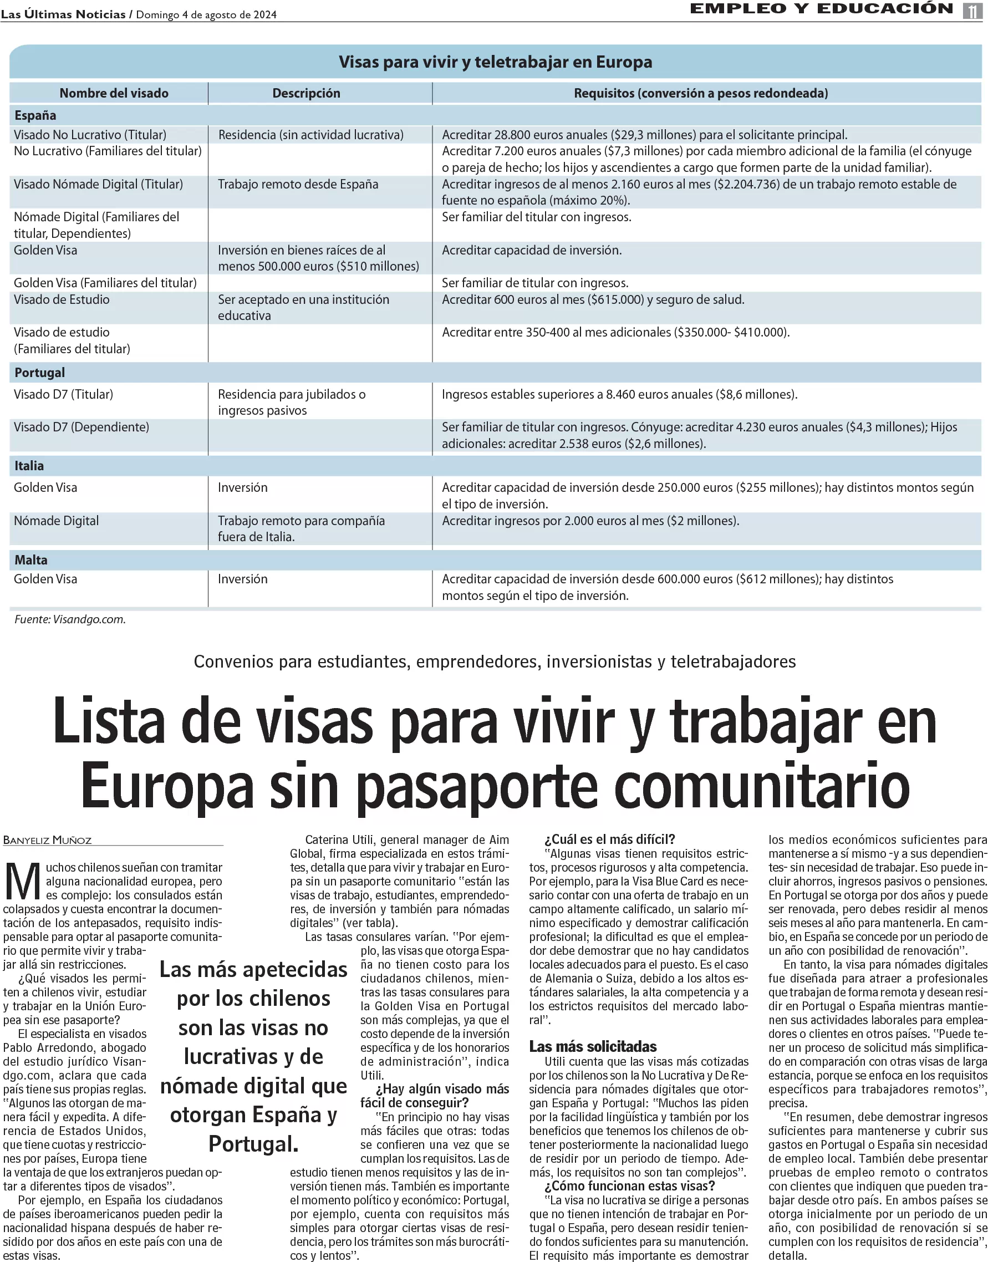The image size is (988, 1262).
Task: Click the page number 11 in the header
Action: coord(972,11)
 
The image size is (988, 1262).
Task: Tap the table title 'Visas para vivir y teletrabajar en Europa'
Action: coord(495,62)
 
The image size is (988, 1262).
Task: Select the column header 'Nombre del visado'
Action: coord(114,93)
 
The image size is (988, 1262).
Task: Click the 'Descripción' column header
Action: coord(306,93)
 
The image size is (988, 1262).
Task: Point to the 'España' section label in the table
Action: coord(35,115)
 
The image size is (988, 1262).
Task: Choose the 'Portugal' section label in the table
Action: coord(39,373)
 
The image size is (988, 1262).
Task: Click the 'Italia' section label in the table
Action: coord(29,466)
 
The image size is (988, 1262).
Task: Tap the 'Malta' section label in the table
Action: coord(30,560)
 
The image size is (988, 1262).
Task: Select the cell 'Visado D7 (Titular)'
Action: coord(64,394)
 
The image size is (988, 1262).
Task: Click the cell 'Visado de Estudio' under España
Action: coord(62,299)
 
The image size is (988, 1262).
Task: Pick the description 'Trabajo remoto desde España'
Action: coord(298,185)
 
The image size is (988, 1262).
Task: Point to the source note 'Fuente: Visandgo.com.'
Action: coord(70,619)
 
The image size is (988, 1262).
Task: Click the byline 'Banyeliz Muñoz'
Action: coord(48,841)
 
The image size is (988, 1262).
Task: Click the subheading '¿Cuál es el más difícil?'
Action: coord(610,839)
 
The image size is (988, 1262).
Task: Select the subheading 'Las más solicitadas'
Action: coord(593,1046)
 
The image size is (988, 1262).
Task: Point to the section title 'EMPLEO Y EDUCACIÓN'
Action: coord(822,9)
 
